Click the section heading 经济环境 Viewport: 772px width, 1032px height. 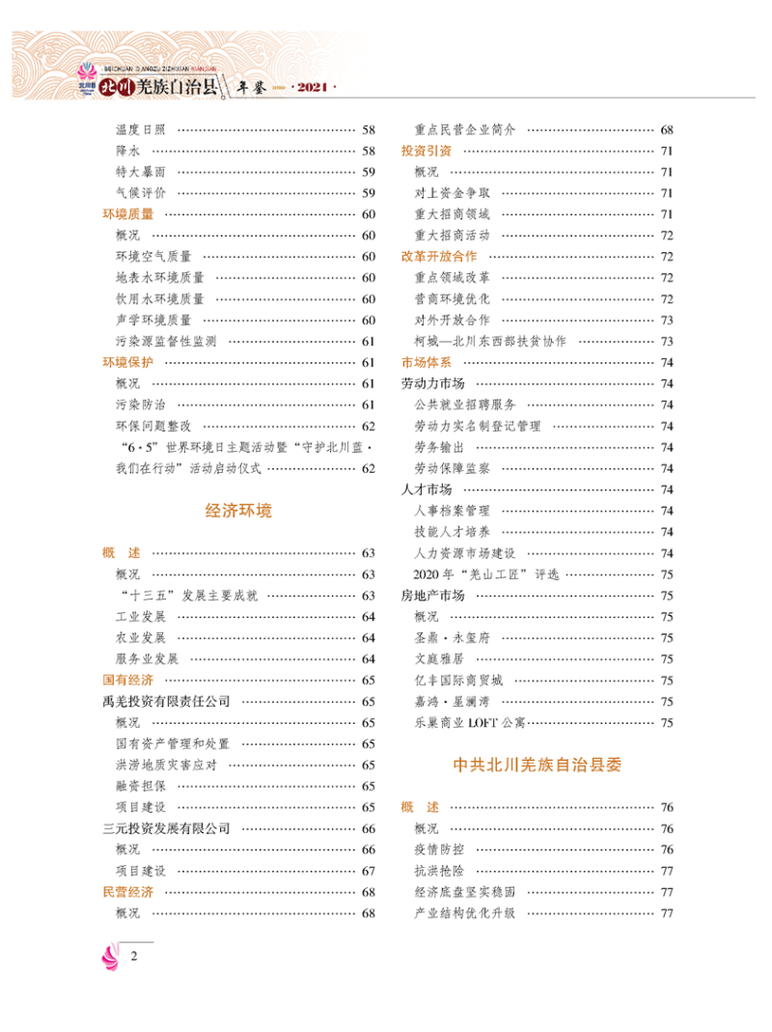(x=239, y=511)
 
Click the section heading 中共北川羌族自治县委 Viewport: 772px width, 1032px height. (x=538, y=766)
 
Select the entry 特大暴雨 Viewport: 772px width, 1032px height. (x=140, y=172)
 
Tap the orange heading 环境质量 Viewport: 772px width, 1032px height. (x=128, y=214)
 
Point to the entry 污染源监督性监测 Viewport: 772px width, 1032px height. (x=166, y=342)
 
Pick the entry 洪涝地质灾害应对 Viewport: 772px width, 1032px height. (x=166, y=766)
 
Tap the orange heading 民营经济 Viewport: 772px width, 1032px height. (x=128, y=893)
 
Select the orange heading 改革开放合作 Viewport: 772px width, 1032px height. (x=440, y=257)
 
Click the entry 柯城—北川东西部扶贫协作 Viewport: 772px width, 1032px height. (x=490, y=342)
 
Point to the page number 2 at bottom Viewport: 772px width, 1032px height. (x=134, y=957)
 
